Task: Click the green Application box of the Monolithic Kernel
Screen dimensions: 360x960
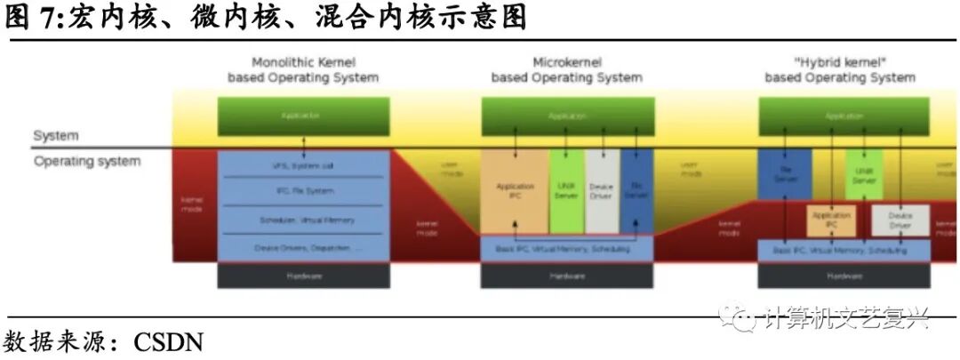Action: (303, 116)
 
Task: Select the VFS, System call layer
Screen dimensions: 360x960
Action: (303, 165)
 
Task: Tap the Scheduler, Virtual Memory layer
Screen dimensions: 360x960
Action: (303, 220)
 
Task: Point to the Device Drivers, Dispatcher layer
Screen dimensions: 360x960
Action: (303, 248)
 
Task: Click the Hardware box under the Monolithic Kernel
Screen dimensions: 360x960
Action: (303, 276)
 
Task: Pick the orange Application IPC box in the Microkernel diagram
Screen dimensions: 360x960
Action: (515, 192)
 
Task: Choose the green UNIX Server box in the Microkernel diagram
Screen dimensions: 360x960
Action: (566, 192)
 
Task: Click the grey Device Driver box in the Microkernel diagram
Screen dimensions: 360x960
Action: (602, 192)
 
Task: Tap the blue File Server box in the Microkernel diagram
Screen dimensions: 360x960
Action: (636, 192)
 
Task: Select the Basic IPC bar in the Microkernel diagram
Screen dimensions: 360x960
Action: (567, 249)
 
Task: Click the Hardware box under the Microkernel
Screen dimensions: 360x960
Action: (567, 276)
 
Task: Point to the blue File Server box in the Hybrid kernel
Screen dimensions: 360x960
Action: (785, 173)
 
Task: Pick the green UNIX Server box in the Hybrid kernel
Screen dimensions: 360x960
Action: (864, 173)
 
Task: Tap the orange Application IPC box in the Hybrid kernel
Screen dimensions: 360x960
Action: (831, 220)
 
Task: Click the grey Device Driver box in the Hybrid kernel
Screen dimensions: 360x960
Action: (900, 220)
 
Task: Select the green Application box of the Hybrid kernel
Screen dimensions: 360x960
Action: (844, 116)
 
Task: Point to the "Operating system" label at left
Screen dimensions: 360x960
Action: (87, 162)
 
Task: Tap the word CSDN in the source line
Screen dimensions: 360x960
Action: (169, 342)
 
